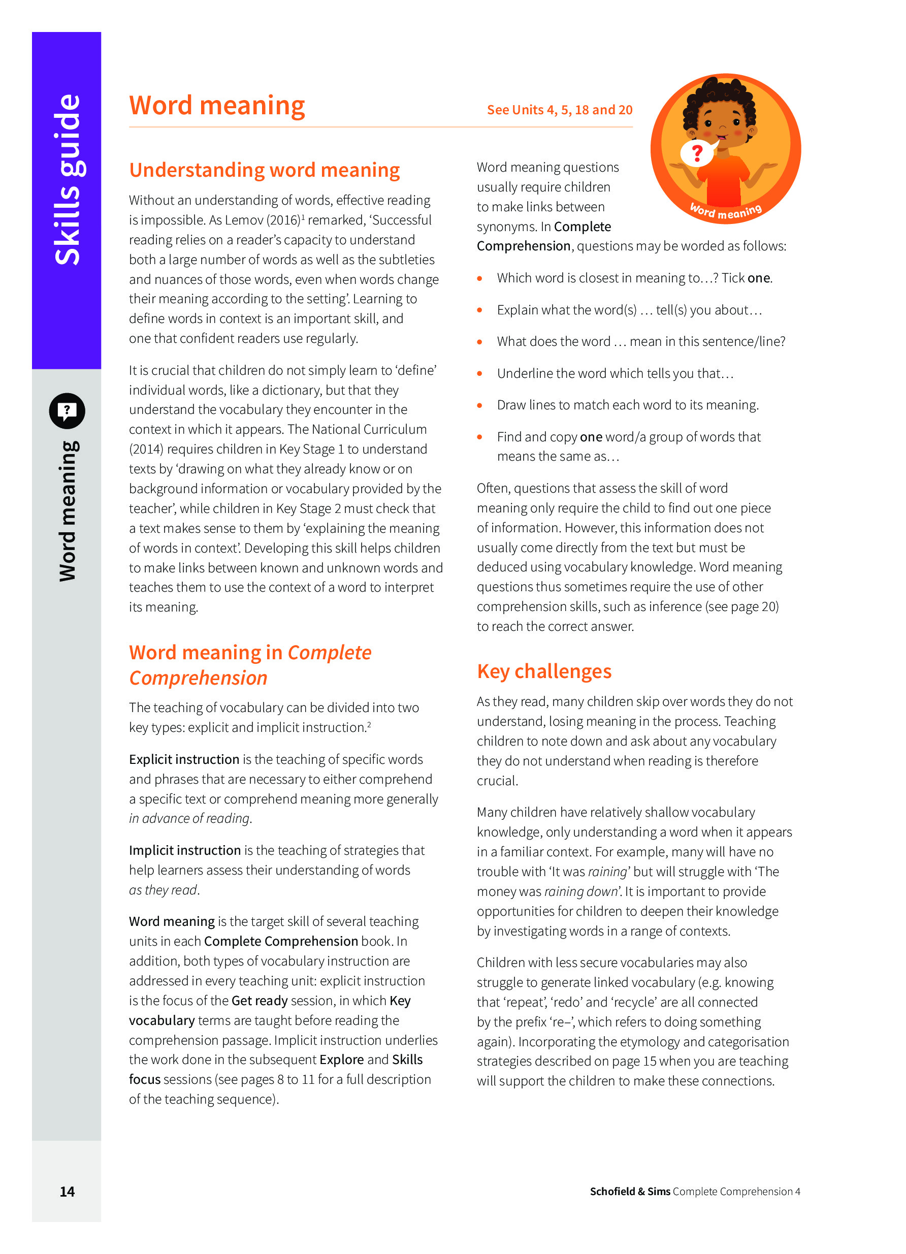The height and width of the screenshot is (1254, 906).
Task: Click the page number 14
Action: tap(67, 1191)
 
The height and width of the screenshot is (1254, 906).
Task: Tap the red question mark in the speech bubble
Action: tap(697, 152)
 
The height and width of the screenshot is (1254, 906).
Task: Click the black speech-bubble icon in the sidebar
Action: tap(67, 411)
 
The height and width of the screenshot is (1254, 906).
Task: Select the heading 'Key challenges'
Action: tap(544, 671)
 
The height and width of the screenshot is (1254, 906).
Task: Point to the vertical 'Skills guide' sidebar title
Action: tap(68, 179)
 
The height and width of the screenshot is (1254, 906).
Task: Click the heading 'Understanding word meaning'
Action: tap(264, 170)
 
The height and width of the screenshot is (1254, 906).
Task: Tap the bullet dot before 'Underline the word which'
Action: tap(479, 374)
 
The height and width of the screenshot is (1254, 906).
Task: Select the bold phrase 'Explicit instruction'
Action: tap(184, 759)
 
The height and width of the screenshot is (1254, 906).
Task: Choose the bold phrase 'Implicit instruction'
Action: tap(185, 850)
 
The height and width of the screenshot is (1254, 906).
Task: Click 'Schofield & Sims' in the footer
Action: tap(630, 1192)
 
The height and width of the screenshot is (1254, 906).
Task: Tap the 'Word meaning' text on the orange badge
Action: tap(725, 211)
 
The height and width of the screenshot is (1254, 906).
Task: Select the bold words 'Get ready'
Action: tap(259, 1000)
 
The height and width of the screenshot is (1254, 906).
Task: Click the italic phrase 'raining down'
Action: tap(580, 891)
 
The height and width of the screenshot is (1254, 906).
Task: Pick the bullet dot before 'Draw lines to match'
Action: tap(479, 405)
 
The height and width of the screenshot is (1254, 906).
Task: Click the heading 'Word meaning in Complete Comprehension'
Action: tap(250, 665)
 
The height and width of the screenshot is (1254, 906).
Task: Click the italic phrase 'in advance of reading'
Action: tap(189, 818)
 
